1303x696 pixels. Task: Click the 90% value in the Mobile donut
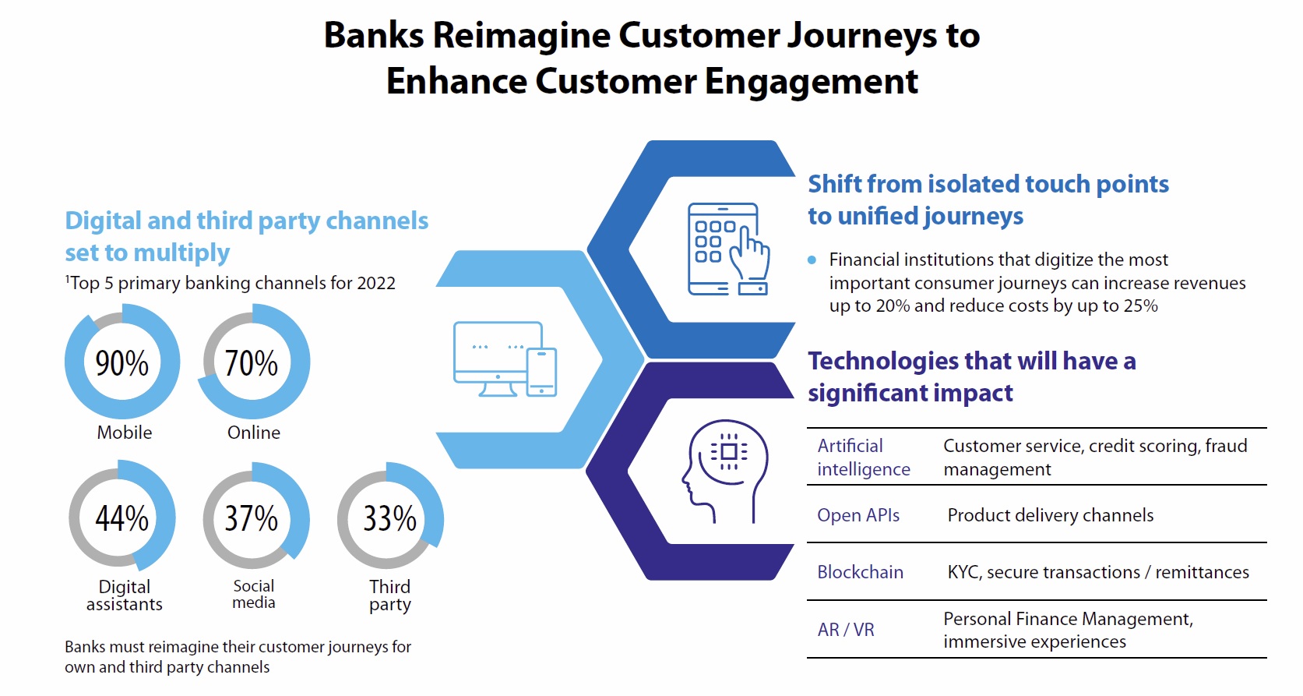(x=121, y=363)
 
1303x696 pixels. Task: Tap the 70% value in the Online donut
(x=251, y=363)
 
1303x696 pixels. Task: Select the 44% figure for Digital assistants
(x=121, y=518)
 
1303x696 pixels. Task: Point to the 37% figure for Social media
(x=251, y=518)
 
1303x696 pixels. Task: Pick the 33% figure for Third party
(x=389, y=518)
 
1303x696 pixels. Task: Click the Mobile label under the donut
(x=124, y=433)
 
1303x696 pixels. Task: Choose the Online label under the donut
(x=254, y=433)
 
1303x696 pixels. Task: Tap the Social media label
(x=254, y=594)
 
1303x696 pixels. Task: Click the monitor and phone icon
(x=505, y=359)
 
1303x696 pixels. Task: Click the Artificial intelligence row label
(x=863, y=458)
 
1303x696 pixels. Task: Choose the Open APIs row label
(x=858, y=515)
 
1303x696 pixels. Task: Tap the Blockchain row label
(x=860, y=572)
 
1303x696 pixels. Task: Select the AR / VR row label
(x=846, y=630)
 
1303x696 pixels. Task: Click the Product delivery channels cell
(x=1050, y=515)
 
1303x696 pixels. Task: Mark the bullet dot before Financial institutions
(x=812, y=260)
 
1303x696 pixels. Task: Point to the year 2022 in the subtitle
(x=376, y=283)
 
